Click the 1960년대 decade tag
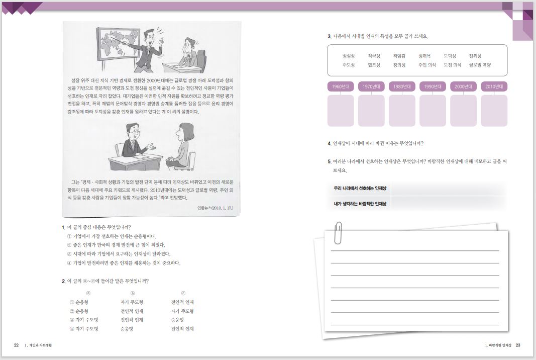(x=341, y=86)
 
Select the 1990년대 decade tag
(x=433, y=86)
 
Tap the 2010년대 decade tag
(x=494, y=86)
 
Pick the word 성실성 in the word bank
(x=349, y=56)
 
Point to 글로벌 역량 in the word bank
(x=480, y=65)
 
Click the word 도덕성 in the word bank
(x=450, y=56)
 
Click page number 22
(x=17, y=345)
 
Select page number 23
(x=518, y=345)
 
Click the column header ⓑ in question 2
(x=132, y=293)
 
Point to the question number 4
(x=329, y=143)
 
